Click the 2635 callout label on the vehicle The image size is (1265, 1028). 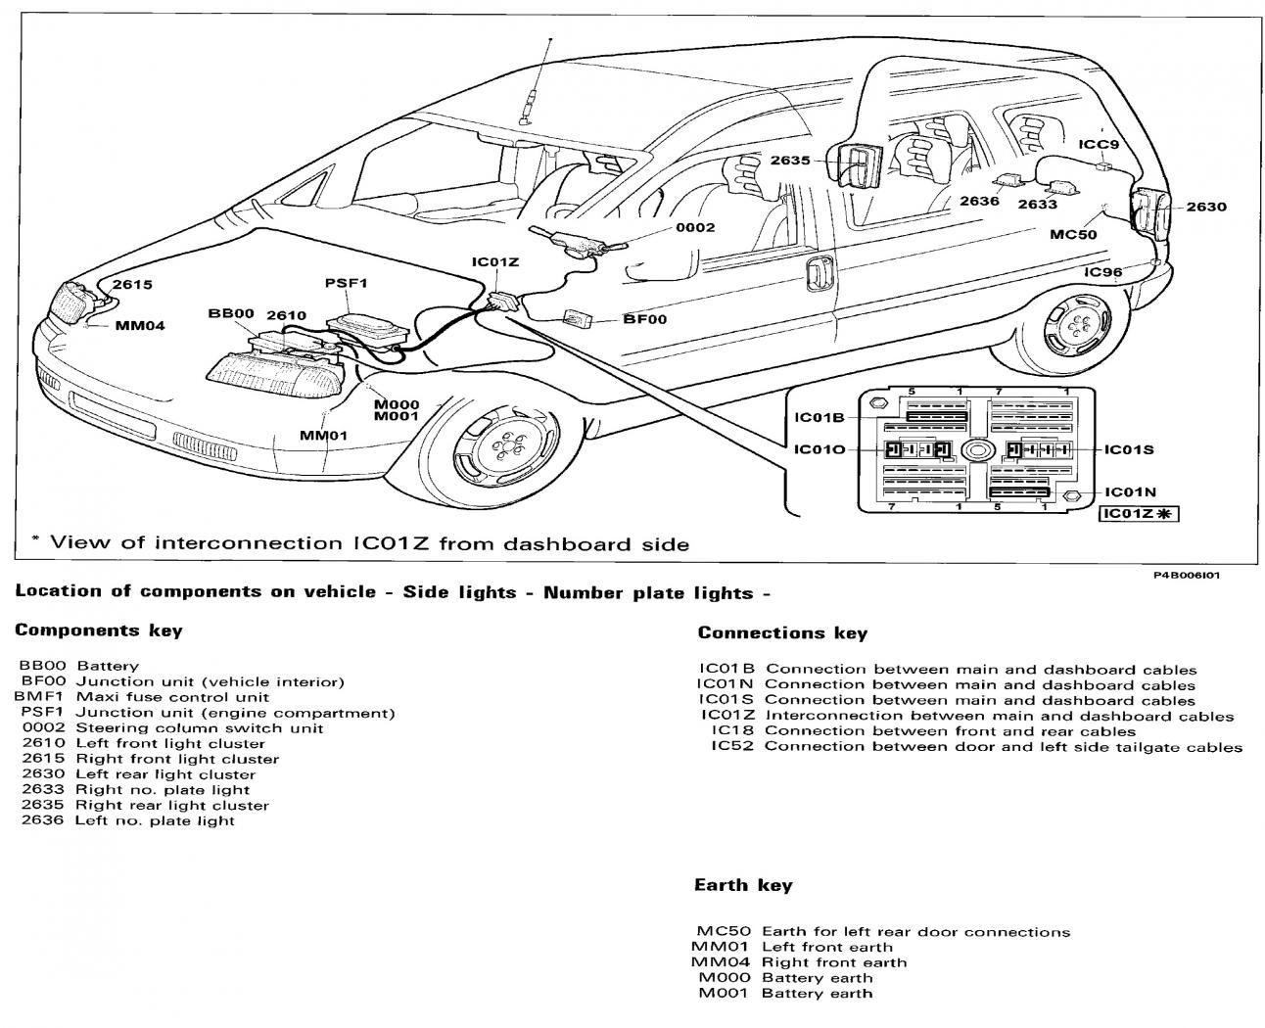coord(789,161)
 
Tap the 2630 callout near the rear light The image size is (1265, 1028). coord(1205,207)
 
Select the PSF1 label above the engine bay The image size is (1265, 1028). coord(346,284)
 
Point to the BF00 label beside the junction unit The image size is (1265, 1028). coord(644,319)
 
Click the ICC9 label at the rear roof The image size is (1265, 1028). coord(1098,145)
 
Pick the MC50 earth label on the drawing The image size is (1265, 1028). coord(1073,234)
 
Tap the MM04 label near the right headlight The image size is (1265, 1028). coord(141,326)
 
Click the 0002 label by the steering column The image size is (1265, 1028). coord(695,227)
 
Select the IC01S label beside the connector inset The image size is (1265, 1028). coord(1129,449)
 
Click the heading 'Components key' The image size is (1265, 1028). coord(99,631)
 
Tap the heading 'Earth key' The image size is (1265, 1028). coord(743,885)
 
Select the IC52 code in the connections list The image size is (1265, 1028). coord(729,746)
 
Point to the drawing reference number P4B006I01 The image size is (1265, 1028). coord(1186,575)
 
